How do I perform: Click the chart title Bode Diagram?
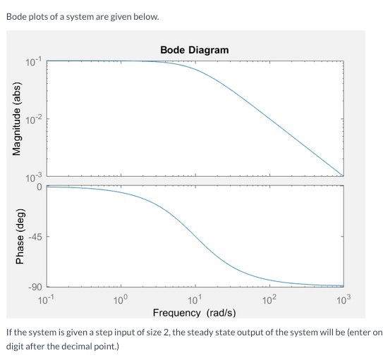click(x=194, y=50)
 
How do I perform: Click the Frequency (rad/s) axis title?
click(x=195, y=312)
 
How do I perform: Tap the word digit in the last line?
click(x=16, y=346)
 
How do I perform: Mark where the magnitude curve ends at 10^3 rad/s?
click(x=343, y=175)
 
